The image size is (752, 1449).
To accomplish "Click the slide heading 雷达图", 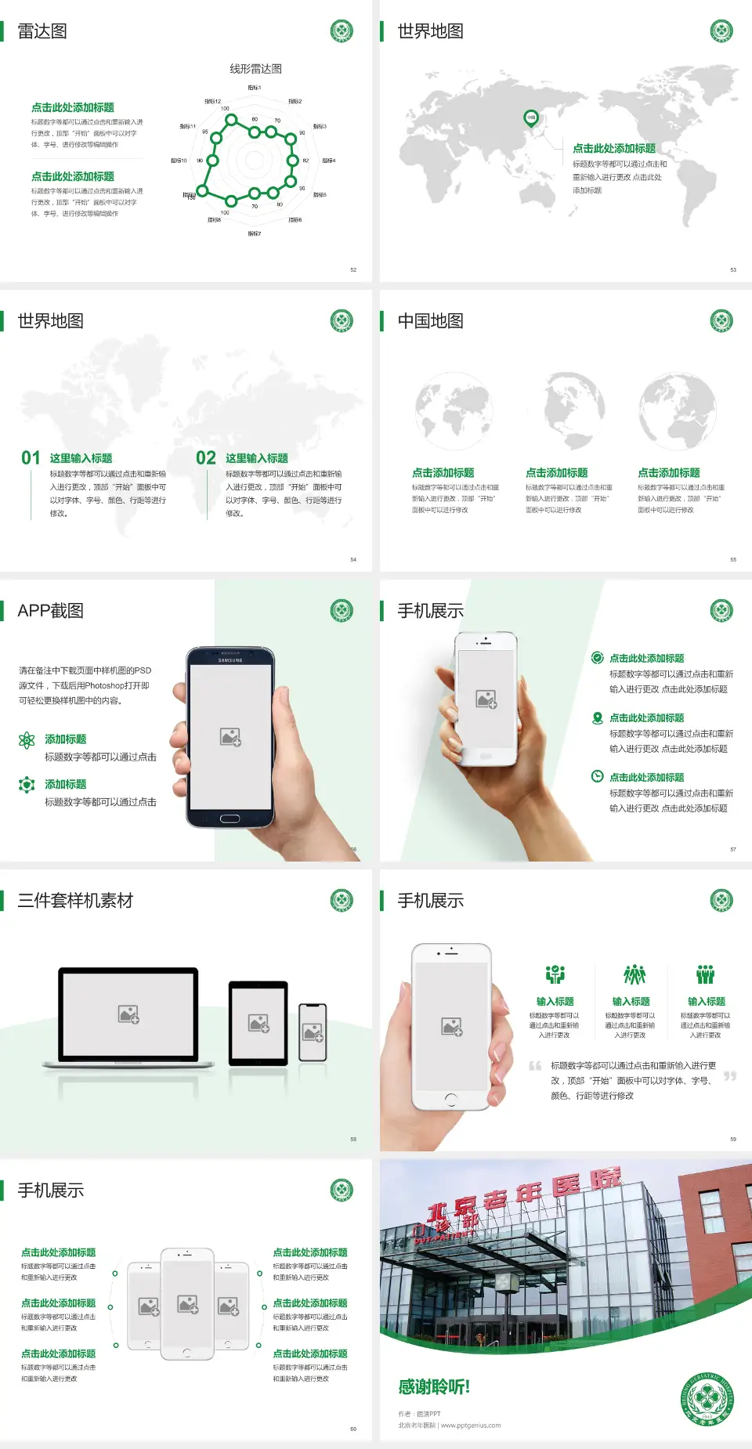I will click(x=42, y=31).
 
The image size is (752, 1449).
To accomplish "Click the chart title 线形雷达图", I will click(x=255, y=69).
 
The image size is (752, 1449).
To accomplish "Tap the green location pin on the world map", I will click(x=530, y=118).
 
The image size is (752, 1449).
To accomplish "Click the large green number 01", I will click(x=31, y=458).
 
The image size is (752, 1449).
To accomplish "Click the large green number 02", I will click(x=206, y=458).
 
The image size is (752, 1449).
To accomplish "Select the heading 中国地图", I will click(x=430, y=321).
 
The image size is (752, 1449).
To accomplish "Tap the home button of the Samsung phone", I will click(x=230, y=818).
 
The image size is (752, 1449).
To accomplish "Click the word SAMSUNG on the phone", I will click(x=230, y=660).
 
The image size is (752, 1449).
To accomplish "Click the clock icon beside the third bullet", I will click(x=597, y=776).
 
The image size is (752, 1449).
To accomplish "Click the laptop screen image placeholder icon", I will click(x=128, y=1014).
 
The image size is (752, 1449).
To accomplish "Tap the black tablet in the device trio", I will click(x=258, y=1022).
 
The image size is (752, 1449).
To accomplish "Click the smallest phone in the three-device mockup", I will click(x=313, y=1032).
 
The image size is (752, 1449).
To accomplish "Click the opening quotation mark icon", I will click(x=535, y=1066).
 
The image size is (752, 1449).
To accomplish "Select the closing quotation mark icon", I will click(x=730, y=1076).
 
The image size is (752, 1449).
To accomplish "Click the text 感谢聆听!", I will click(x=434, y=1387).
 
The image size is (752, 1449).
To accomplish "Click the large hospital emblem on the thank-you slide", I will click(x=707, y=1398).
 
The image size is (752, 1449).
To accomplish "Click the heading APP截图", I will click(x=51, y=611).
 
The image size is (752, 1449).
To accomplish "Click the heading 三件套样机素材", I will click(x=75, y=901).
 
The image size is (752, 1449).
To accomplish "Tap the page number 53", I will click(x=733, y=269).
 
